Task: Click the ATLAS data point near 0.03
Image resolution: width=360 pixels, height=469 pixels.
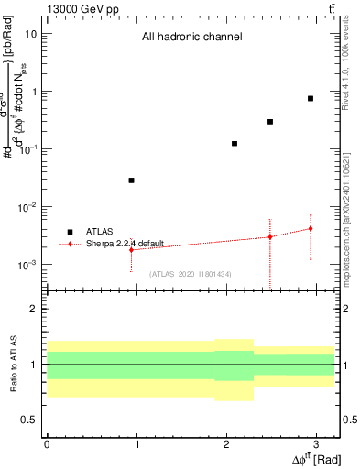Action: point(132,180)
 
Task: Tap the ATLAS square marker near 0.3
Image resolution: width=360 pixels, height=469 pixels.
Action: point(270,122)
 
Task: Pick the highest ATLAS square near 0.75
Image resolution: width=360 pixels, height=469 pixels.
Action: point(311,98)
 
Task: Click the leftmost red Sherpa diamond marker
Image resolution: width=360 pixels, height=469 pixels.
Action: point(132,249)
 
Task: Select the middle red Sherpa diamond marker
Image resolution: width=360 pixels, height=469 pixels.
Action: point(270,236)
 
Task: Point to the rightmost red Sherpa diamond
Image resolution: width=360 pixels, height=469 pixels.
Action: point(311,228)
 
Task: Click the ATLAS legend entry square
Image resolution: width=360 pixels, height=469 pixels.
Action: point(70,232)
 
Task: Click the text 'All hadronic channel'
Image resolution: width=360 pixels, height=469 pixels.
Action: point(191,38)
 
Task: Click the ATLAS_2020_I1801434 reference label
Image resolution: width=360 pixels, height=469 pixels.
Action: point(190,274)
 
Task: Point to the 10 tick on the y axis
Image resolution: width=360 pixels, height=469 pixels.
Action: point(31,34)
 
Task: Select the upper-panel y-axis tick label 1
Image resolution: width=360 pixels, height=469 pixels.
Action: point(34,92)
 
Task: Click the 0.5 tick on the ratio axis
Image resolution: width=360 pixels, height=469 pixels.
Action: point(29,420)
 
